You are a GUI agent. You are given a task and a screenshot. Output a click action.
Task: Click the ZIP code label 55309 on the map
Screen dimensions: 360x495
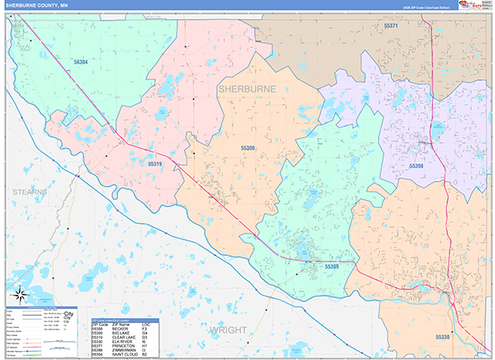coord(332,266)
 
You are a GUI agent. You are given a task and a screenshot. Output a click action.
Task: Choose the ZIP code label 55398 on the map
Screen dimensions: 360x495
coord(417,165)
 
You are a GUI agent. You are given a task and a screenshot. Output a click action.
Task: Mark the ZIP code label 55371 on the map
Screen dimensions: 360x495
coord(391,26)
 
